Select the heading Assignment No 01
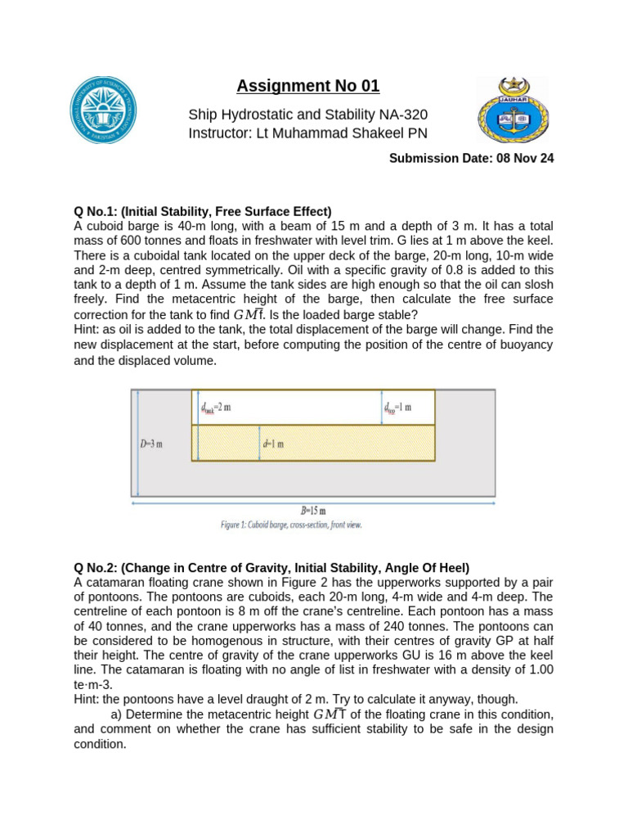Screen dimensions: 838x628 click(308, 86)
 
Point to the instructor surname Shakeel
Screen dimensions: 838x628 click(397, 133)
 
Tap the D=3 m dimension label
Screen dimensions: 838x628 click(152, 444)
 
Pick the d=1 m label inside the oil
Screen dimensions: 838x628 click(273, 444)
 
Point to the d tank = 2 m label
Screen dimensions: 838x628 click(216, 407)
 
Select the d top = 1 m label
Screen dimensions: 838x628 click(398, 407)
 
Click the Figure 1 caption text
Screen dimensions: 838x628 click(291, 525)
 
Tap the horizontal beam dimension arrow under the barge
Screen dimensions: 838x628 click(313, 502)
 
